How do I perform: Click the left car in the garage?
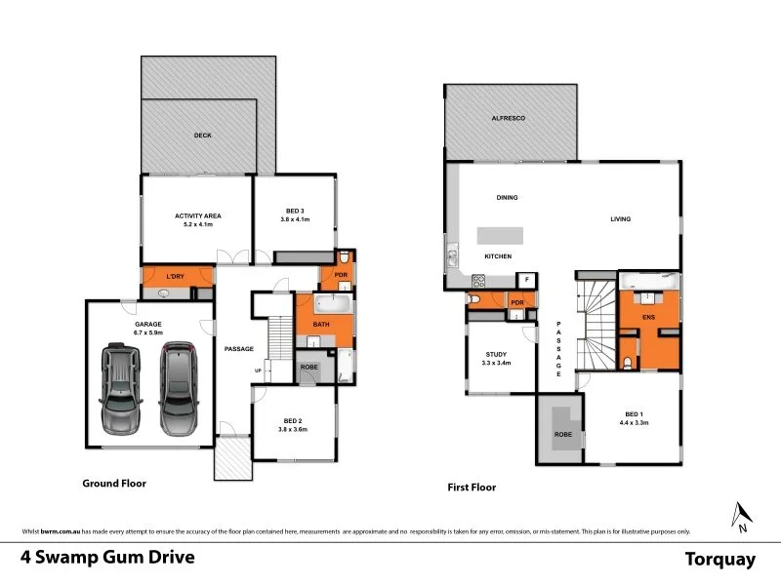tap(120, 389)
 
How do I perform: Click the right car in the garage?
tap(178, 389)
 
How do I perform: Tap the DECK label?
tap(202, 136)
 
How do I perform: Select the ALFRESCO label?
tap(508, 118)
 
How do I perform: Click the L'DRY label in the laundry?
tap(176, 278)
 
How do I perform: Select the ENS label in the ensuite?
tap(647, 317)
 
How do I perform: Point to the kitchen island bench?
tap(498, 236)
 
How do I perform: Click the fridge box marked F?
tap(526, 281)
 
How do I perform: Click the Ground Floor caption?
tap(114, 483)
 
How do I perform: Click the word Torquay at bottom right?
tap(720, 559)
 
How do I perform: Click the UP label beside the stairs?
tap(258, 370)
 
